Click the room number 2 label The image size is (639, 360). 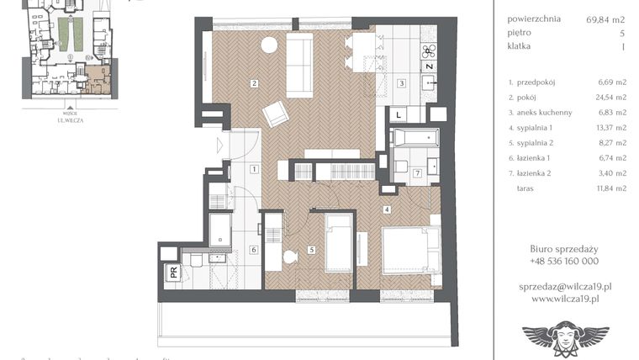point(253,82)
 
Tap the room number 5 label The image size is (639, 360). point(310,249)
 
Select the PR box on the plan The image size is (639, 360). point(173,272)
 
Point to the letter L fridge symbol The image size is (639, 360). point(399,114)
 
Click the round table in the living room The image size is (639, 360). point(270,45)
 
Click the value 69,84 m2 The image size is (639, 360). point(605,19)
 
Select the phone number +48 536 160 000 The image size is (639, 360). point(564,261)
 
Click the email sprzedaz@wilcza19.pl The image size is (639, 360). point(564,286)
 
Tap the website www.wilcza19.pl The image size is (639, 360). point(564,298)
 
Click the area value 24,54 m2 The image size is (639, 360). point(610,97)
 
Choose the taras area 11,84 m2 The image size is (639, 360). point(610,188)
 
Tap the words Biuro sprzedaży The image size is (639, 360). point(564,248)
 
